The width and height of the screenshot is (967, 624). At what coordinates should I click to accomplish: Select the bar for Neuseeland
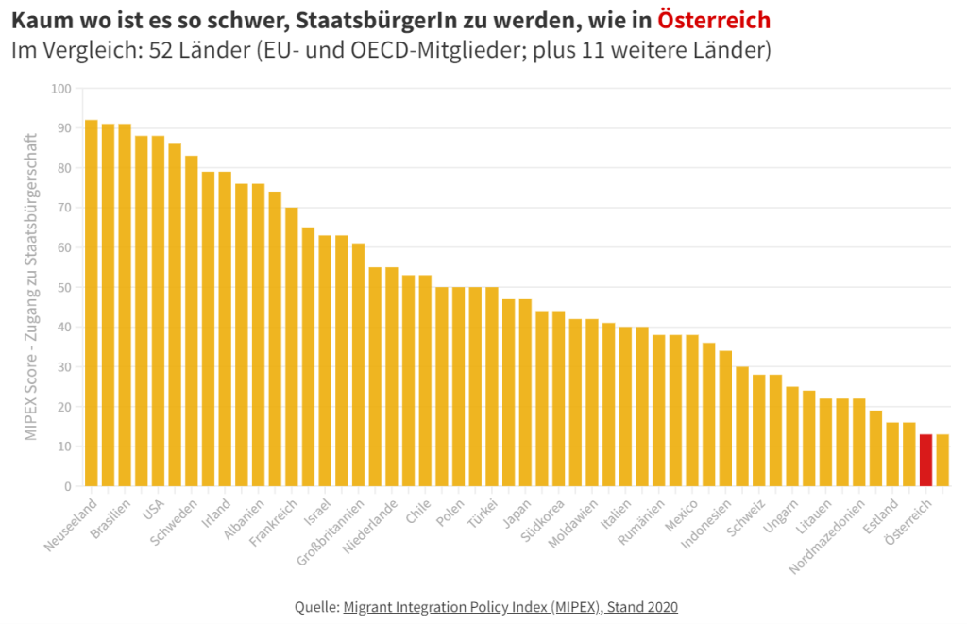coord(92,302)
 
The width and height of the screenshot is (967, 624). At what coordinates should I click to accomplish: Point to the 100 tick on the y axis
coord(61,89)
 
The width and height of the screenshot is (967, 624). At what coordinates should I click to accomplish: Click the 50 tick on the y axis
coord(64,287)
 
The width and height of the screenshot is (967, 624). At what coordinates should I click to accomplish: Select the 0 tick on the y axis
coord(67,486)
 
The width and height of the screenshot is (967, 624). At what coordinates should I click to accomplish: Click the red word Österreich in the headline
coord(714,19)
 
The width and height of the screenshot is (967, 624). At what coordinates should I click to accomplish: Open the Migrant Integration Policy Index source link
coord(510,606)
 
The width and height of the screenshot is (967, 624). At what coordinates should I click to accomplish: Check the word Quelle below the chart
coord(315,606)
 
